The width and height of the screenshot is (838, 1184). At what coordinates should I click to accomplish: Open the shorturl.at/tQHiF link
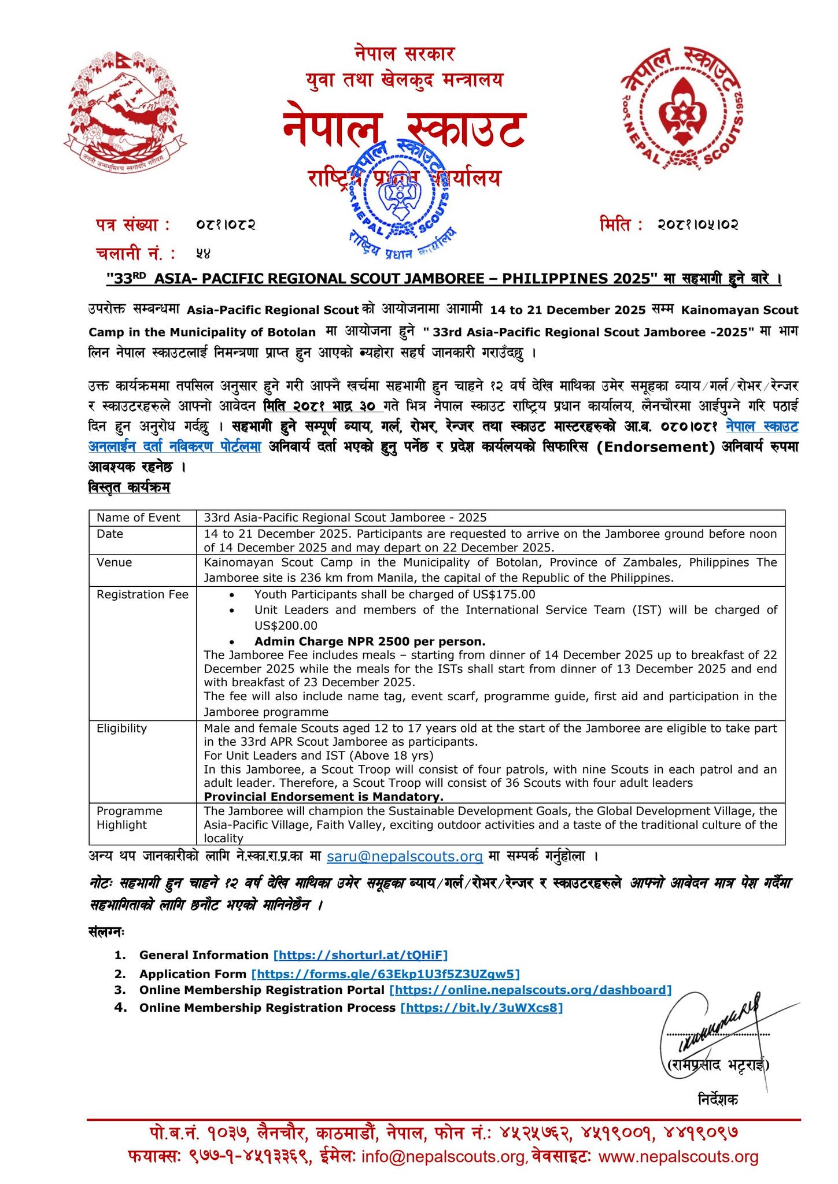[x=360, y=955]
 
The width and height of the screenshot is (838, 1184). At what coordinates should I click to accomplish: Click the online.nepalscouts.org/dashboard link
[x=530, y=990]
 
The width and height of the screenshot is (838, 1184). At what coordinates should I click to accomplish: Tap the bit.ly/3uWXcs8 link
[x=481, y=1008]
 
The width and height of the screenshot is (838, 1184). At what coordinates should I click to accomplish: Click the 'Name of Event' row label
[x=138, y=517]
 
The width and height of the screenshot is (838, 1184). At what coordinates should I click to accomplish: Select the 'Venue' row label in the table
[x=114, y=563]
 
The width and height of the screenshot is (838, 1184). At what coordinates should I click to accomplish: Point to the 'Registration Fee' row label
[x=142, y=594]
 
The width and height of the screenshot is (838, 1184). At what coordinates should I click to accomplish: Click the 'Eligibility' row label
[x=121, y=728]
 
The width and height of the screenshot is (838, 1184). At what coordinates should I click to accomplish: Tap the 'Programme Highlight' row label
[x=129, y=817]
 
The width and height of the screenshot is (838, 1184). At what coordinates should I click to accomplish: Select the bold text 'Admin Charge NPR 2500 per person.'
[x=370, y=641]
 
